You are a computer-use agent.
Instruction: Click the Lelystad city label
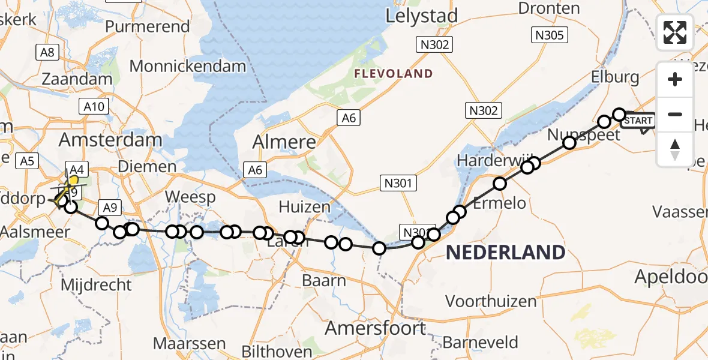422,16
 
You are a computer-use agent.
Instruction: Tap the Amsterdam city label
111,140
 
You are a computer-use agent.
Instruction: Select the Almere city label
284,142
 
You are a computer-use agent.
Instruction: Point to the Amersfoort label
376,328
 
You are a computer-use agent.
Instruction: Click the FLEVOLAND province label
394,74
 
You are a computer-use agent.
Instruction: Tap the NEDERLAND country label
505,253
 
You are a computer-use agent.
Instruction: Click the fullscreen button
675,32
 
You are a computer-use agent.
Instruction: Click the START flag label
638,121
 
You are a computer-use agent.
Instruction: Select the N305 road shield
549,35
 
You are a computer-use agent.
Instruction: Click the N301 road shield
398,183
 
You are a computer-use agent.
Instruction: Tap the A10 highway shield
94,107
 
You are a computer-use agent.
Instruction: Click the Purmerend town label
147,27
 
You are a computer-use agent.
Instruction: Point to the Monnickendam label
187,67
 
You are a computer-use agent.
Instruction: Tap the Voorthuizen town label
491,301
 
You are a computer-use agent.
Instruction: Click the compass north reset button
675,149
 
